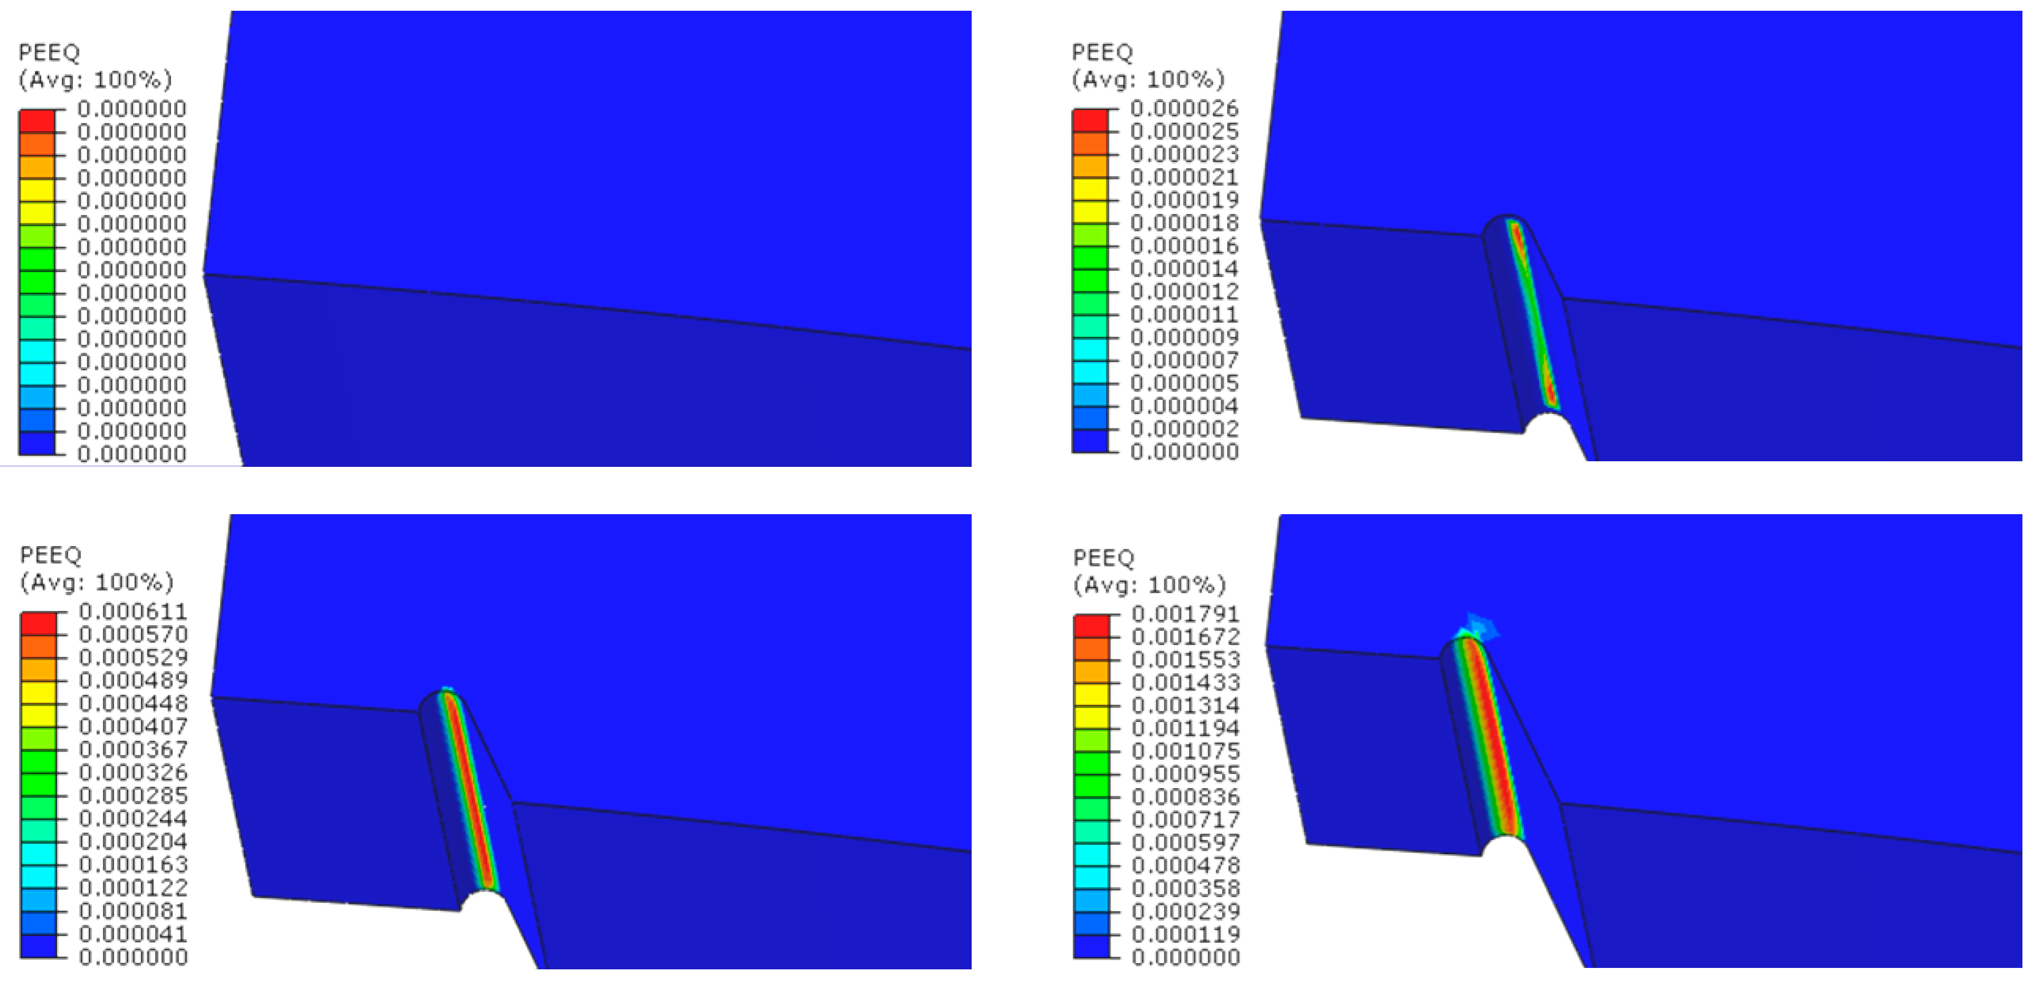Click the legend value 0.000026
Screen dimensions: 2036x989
(1184, 108)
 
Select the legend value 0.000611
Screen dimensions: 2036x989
(133, 611)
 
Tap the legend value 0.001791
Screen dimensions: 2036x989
(1186, 613)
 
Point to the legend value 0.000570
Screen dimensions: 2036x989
(133, 634)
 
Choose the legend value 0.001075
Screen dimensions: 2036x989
(1186, 751)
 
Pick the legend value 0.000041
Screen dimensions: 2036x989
(133, 934)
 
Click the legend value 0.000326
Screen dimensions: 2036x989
(133, 772)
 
